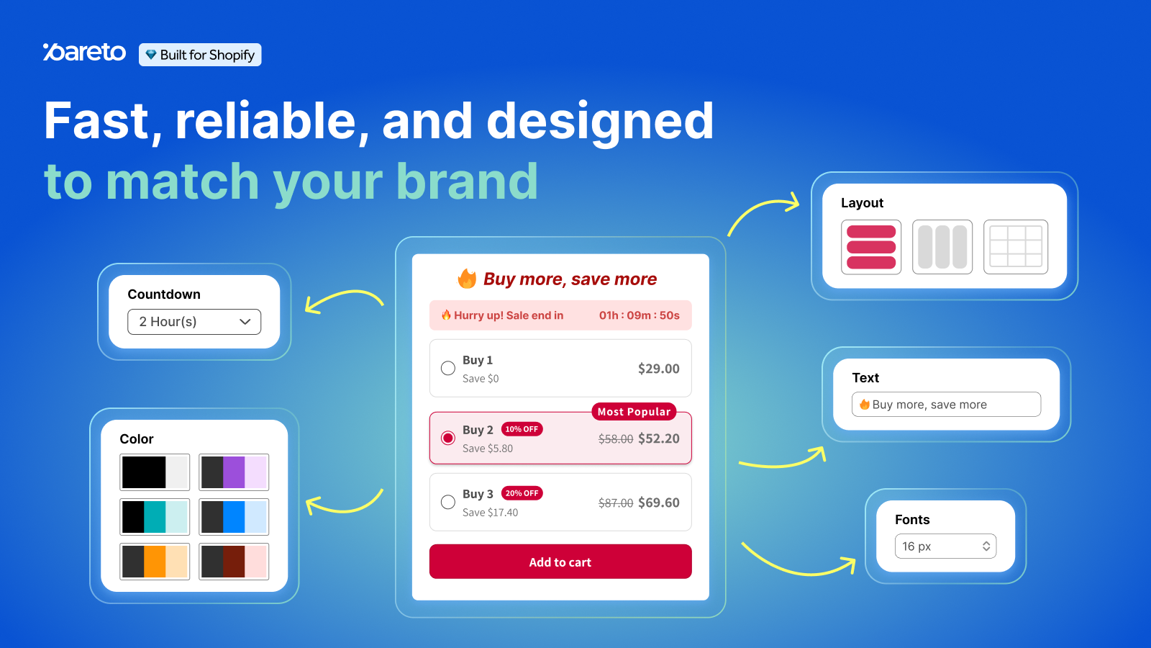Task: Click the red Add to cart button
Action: pyautogui.click(x=560, y=562)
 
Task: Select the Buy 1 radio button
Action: pyautogui.click(x=448, y=368)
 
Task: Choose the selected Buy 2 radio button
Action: pyautogui.click(x=448, y=438)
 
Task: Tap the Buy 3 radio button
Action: pyautogui.click(x=448, y=502)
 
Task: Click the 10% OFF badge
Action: pyautogui.click(x=522, y=429)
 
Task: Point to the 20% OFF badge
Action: pyautogui.click(x=522, y=493)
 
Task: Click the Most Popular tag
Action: pyautogui.click(x=634, y=411)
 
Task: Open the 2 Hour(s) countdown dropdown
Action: pyautogui.click(x=194, y=322)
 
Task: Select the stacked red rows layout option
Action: pyautogui.click(x=871, y=247)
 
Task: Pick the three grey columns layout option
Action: pyautogui.click(x=942, y=247)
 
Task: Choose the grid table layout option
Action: pyautogui.click(x=1015, y=247)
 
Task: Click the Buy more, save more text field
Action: pyautogui.click(x=947, y=404)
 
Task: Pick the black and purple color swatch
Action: pyautogui.click(x=234, y=472)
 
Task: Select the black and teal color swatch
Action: pyautogui.click(x=155, y=517)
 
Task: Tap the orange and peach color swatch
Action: pyautogui.click(x=155, y=562)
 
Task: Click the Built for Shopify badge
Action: pyautogui.click(x=200, y=55)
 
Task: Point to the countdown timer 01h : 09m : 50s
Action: pyautogui.click(x=640, y=315)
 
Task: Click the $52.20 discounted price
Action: pyautogui.click(x=659, y=438)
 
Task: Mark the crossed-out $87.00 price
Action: pyautogui.click(x=616, y=503)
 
